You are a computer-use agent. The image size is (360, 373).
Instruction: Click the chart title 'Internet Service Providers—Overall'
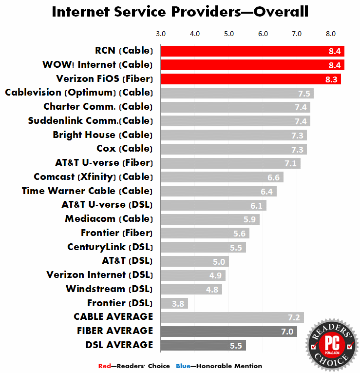(180, 12)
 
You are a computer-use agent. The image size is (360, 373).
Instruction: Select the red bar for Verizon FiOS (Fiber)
(250, 79)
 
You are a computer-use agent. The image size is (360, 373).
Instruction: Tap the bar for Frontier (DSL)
(174, 303)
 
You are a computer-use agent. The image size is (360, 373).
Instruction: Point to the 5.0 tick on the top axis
(229, 34)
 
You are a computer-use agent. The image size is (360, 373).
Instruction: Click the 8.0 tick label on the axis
(331, 34)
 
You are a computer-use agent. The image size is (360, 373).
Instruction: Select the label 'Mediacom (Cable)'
(109, 219)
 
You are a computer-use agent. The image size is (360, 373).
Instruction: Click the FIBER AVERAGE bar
(228, 332)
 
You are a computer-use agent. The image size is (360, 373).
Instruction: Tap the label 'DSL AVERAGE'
(119, 345)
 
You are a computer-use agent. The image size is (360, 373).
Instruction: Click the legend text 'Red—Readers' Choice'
(134, 366)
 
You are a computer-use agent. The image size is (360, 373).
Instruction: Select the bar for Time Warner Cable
(218, 191)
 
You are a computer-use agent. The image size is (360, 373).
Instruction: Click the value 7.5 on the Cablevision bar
(304, 93)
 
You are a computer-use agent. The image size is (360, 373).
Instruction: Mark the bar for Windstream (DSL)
(191, 289)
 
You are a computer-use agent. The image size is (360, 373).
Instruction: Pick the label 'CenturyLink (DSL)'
(110, 247)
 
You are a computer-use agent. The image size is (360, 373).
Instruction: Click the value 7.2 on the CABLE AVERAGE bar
(294, 317)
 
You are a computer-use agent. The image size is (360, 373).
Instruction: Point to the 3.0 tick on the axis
(161, 34)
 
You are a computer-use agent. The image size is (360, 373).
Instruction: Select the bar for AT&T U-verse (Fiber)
(230, 163)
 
